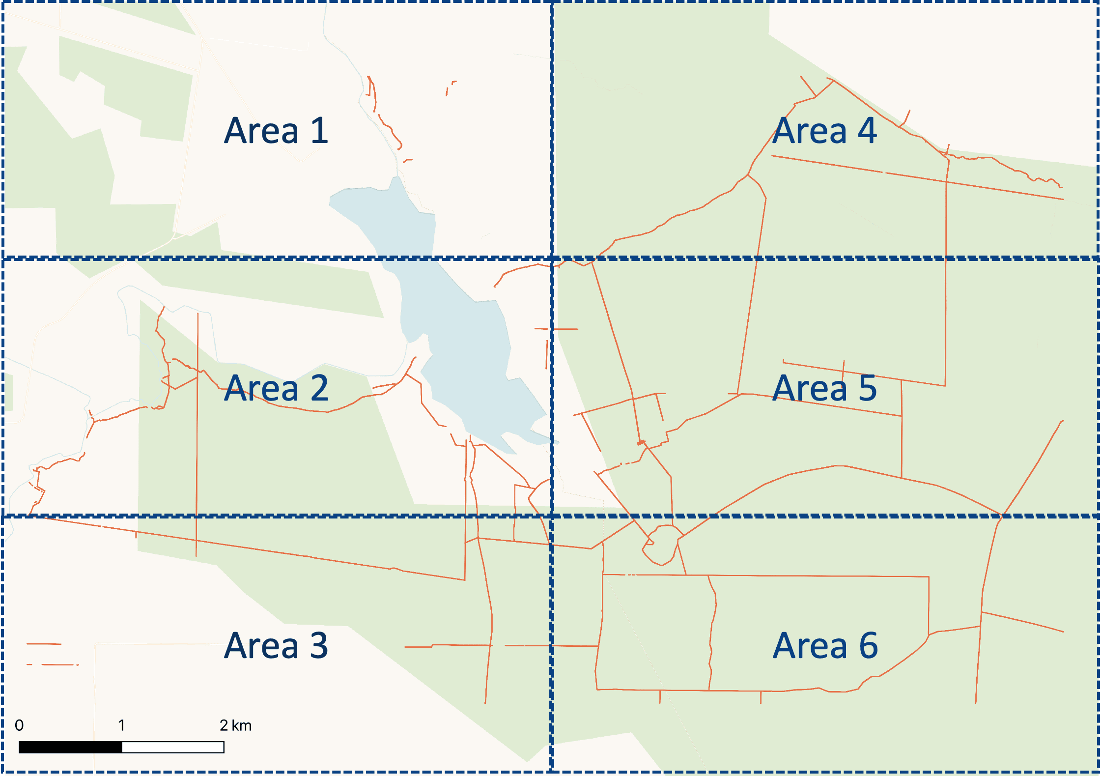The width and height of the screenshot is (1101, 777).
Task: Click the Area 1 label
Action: pos(276,131)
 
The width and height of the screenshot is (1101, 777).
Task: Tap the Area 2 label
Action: pos(276,388)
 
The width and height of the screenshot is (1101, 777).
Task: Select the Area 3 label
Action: pos(276,645)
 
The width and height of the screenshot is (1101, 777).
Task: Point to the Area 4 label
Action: pos(824,131)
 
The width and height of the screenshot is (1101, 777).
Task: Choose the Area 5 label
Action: pos(824,388)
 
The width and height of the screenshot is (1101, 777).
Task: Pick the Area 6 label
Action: pos(824,645)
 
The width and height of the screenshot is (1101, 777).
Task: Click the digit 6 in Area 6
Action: pos(868,645)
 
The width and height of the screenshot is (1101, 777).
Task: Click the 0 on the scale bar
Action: pos(19,725)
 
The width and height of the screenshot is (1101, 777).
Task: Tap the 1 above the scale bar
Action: pos(121,725)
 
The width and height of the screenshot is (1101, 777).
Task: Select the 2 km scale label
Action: pos(235,725)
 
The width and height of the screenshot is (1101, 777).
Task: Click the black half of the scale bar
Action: pos(70,748)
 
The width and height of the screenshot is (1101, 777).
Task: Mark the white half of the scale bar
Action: pos(173,748)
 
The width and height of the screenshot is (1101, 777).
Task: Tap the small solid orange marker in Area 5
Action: pos(641,443)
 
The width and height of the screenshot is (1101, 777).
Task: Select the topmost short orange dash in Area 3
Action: pos(44,643)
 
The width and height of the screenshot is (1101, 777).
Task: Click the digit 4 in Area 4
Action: pos(867,131)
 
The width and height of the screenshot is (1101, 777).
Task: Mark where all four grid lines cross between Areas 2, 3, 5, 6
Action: pos(552,516)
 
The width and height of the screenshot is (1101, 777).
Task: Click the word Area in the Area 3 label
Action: pos(261,645)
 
